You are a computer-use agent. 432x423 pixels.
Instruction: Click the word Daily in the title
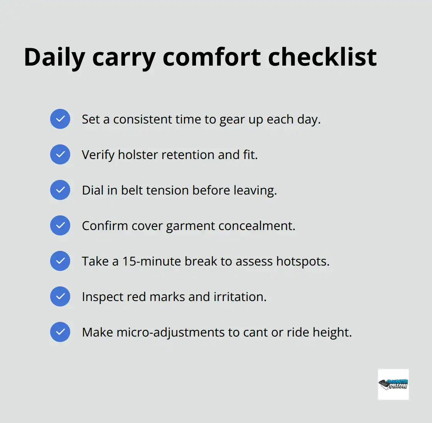(54, 58)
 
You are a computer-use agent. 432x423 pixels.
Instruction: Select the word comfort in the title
(212, 58)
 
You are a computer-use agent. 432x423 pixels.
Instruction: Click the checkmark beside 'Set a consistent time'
(60, 119)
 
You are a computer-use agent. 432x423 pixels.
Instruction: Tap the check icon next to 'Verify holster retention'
(60, 154)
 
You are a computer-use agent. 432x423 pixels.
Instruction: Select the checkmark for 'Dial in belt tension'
(60, 190)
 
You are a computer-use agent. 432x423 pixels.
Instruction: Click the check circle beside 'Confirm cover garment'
(60, 225)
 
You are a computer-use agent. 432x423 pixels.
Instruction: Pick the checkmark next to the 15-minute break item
(60, 261)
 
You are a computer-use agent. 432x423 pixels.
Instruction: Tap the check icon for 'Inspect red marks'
(60, 296)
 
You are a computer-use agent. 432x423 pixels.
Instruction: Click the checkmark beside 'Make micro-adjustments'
(60, 332)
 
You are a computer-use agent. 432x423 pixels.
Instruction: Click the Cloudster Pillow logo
(393, 384)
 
